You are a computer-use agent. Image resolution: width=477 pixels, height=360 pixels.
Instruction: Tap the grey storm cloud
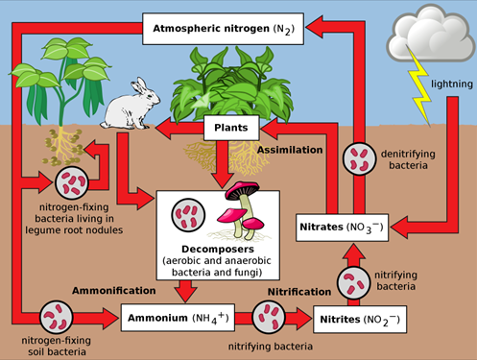pos(428,36)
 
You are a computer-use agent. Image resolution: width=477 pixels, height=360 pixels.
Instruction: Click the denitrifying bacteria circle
pos(362,159)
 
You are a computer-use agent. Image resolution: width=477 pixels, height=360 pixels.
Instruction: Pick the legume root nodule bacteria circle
pos(74,180)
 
